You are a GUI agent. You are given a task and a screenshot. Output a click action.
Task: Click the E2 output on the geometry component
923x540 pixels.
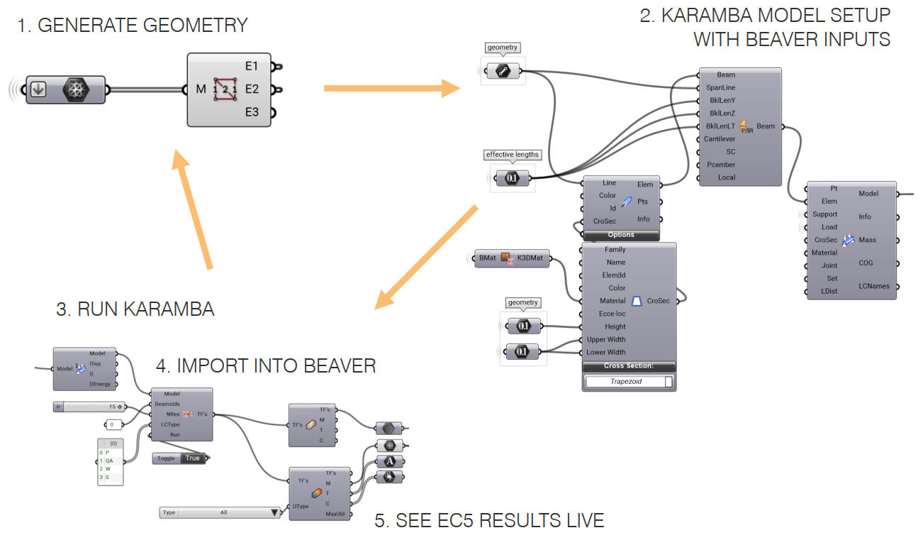coord(252,89)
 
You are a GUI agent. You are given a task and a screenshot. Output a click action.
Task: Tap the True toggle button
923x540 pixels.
coord(192,458)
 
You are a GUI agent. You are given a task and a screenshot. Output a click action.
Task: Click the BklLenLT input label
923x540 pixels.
coord(720,126)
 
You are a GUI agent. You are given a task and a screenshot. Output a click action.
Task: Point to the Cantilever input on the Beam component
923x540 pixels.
coord(719,139)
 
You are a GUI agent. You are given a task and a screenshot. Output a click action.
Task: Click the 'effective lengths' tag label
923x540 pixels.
coord(512,155)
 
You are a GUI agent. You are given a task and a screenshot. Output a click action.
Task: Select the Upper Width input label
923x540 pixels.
coord(605,339)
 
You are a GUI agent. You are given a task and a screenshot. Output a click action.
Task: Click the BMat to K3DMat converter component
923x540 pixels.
coord(510,258)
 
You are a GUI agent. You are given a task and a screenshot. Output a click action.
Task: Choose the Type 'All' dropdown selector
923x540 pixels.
coord(220,512)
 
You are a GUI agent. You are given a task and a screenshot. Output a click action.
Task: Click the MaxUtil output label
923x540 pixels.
coord(335,514)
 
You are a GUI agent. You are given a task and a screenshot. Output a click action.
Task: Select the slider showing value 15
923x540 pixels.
coord(89,407)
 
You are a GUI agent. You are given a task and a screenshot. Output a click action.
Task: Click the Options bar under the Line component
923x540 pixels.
coord(620,235)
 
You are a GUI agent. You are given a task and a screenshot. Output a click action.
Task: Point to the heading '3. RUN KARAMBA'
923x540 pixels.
coord(135,309)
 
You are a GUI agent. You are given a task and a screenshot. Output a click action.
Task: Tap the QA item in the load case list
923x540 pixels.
coord(109,461)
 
